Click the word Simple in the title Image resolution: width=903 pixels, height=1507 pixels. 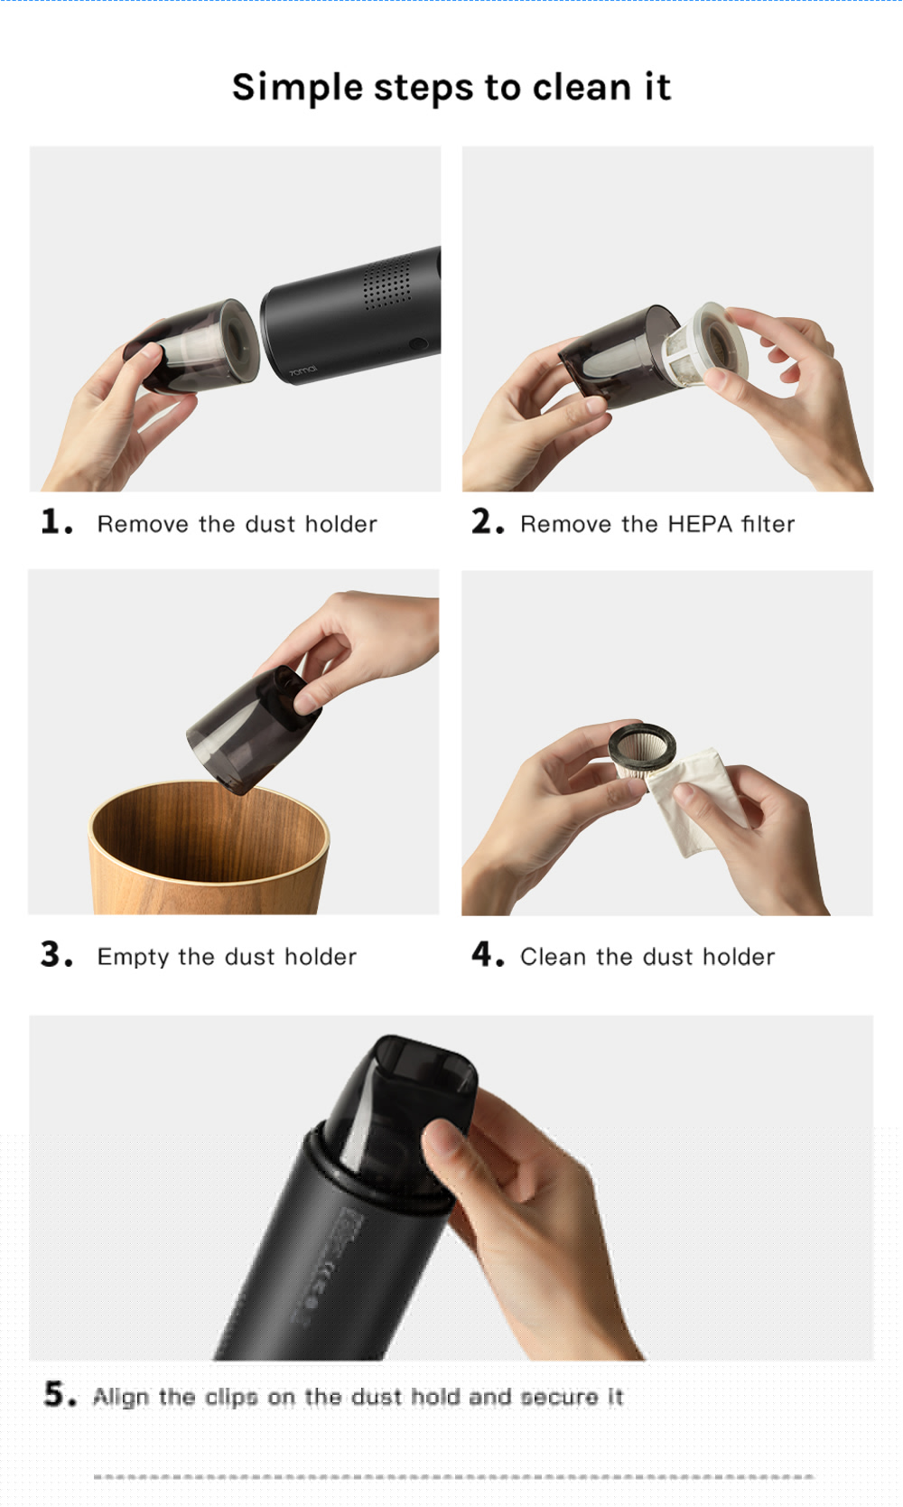297,88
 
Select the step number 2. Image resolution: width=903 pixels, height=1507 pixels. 486,522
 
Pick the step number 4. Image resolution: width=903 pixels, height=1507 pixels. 486,955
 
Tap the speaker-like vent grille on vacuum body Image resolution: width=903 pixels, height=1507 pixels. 386,283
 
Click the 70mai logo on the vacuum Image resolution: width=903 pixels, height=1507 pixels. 303,371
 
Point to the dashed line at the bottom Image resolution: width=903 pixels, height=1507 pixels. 451,1476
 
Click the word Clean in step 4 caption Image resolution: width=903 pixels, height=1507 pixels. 553,957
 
